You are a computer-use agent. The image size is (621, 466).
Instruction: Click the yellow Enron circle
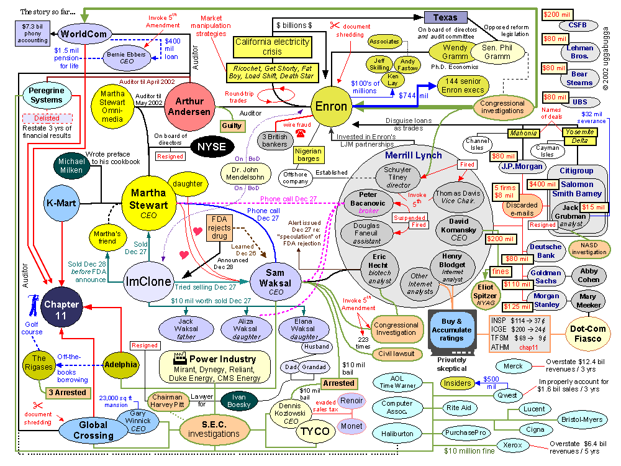point(331,106)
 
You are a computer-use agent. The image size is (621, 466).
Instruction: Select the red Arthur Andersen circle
point(189,107)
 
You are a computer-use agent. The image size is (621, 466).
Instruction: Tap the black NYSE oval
point(212,147)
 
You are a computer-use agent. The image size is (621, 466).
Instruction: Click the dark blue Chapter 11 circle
point(61,309)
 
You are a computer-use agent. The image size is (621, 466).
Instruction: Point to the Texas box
point(445,17)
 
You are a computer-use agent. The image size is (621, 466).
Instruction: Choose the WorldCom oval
point(84,34)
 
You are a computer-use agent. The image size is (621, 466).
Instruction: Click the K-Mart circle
point(61,203)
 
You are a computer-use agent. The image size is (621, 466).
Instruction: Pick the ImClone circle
point(148,281)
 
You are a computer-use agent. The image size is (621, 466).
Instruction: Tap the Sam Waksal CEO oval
point(275,283)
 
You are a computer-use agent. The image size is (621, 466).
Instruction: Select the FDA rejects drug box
point(219,228)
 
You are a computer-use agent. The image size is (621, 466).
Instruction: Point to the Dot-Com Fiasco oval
point(587,333)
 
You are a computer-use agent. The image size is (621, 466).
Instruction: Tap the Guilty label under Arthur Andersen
point(232,126)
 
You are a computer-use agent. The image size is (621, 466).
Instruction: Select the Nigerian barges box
point(309,155)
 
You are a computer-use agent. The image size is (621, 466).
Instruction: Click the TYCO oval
point(315,431)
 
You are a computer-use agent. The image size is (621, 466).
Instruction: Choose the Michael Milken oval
point(71,166)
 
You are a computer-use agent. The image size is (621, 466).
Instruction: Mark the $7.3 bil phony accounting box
point(32,34)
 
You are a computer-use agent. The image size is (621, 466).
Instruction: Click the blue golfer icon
point(34,304)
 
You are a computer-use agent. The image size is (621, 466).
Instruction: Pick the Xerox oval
point(512,445)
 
